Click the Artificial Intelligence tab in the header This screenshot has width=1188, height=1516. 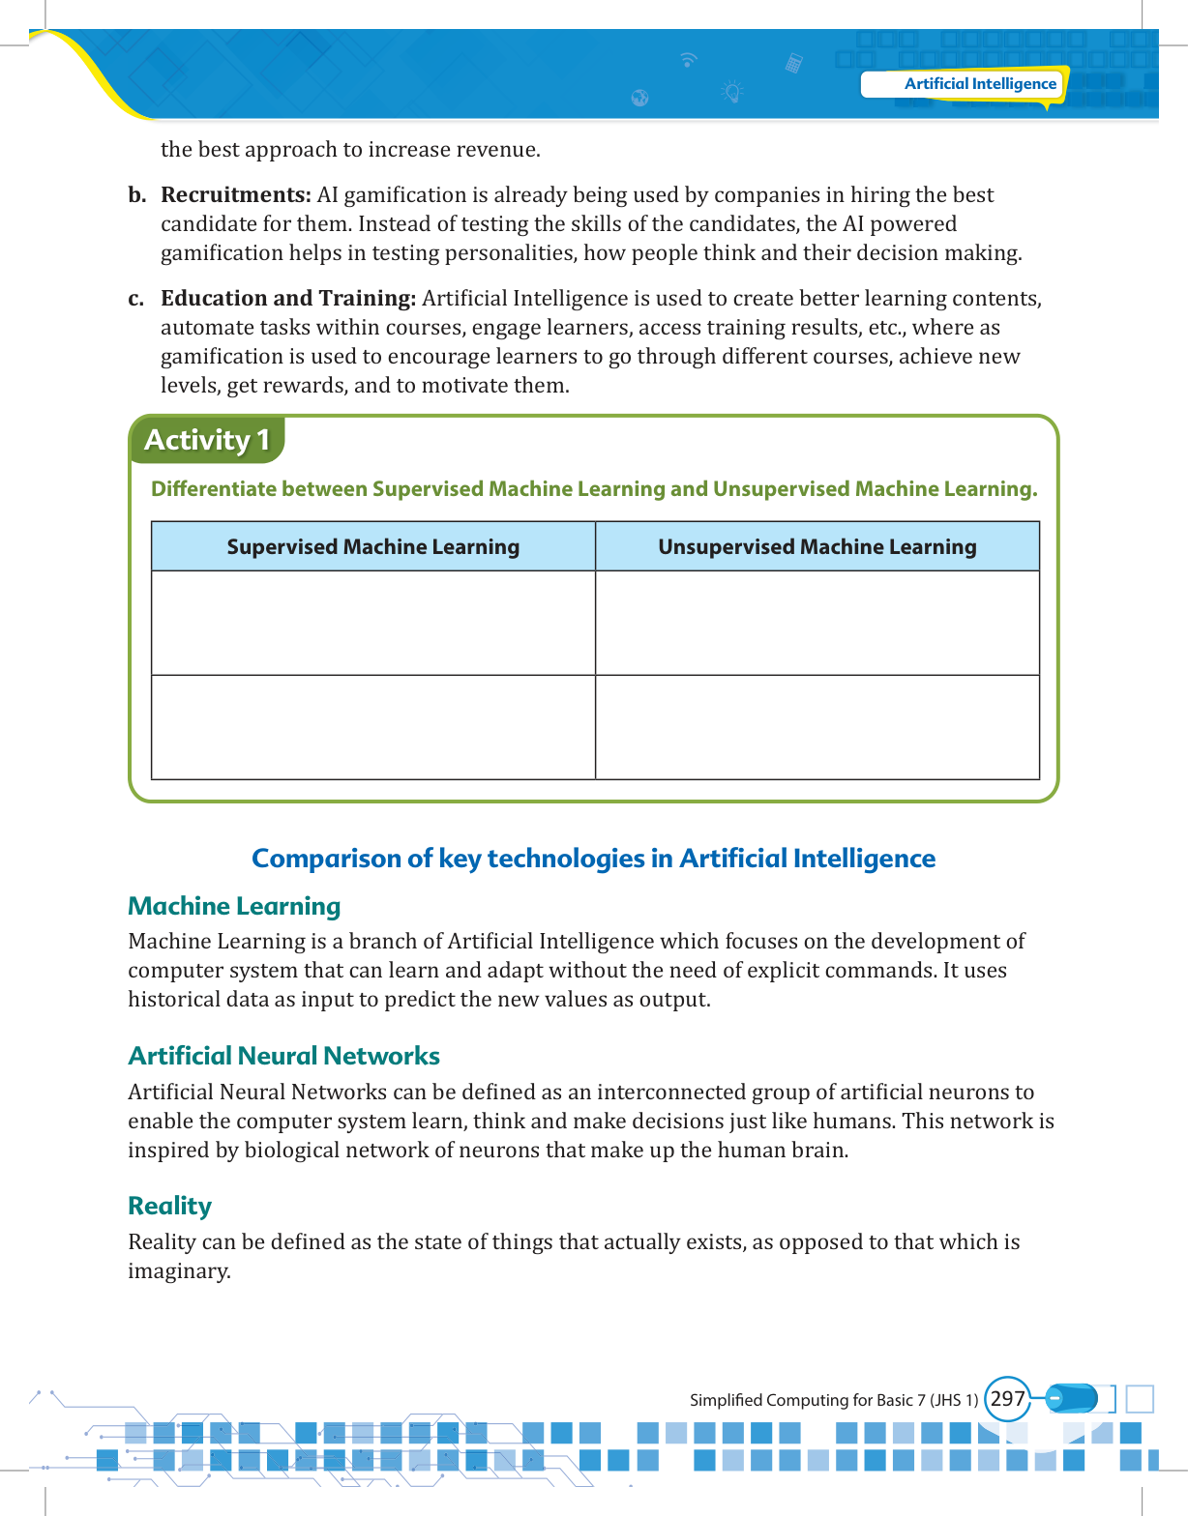point(979,84)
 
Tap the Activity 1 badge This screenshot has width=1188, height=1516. point(206,440)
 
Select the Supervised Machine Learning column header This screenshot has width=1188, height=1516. point(372,547)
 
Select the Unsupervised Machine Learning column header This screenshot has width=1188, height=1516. point(817,547)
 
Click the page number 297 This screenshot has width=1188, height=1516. point(1007,1399)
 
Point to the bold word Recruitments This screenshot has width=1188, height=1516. point(235,195)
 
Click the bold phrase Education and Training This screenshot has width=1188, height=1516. point(287,299)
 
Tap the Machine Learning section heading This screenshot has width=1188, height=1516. point(234,906)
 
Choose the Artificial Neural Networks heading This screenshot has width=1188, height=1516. point(283,1056)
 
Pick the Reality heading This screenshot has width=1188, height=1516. point(169,1206)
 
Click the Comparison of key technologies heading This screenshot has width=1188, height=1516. point(593,859)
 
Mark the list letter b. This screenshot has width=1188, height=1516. point(136,195)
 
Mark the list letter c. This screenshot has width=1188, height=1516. point(136,299)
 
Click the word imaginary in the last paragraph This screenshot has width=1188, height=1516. point(178,1271)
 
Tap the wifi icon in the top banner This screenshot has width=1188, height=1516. point(688,60)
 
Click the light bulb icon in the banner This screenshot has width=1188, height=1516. point(732,93)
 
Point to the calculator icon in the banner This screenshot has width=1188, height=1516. point(793,64)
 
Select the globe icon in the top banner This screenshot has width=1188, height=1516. point(639,98)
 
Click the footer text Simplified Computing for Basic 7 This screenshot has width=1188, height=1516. point(833,1400)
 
